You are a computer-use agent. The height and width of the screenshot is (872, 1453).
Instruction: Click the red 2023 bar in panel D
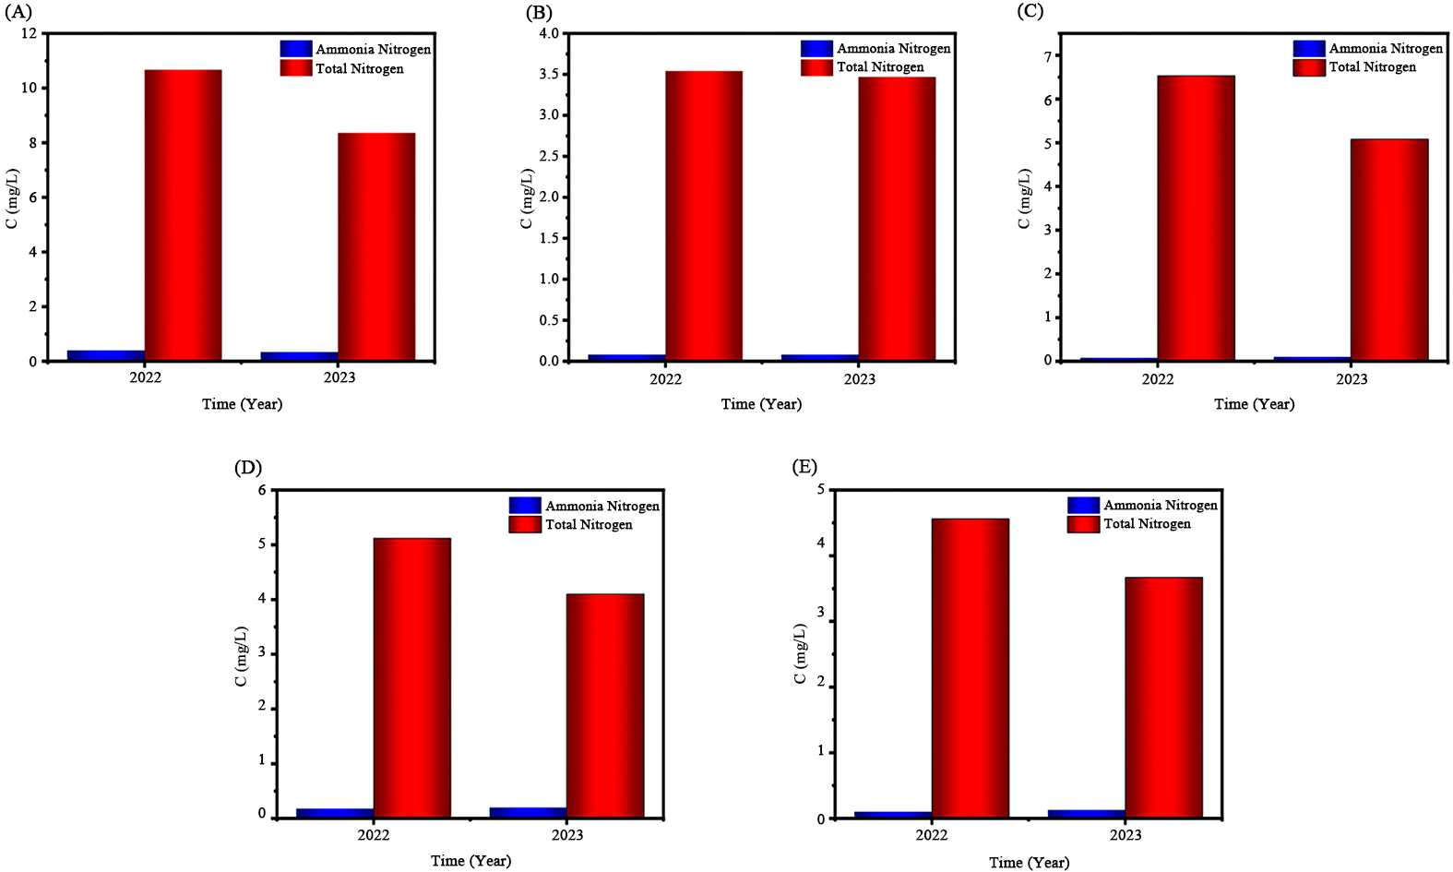605,705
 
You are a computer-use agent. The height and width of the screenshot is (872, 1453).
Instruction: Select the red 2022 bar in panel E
970,668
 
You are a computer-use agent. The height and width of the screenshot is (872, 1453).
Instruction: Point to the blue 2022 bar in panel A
106,355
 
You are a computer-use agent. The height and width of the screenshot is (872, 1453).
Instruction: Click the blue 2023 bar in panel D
529,812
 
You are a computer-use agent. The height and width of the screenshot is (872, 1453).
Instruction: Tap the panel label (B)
539,13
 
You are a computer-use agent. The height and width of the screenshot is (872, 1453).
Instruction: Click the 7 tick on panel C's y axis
1047,56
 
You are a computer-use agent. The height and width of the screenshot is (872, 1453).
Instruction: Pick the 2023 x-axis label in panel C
1352,379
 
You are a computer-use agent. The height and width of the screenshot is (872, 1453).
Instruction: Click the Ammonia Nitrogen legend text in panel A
373,50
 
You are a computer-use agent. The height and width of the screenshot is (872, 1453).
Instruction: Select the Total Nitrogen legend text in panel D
589,525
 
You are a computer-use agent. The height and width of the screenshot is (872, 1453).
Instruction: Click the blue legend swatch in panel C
1308,49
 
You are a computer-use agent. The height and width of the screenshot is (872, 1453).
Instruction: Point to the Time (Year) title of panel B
761,404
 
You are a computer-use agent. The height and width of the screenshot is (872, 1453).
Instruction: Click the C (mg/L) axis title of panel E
800,656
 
